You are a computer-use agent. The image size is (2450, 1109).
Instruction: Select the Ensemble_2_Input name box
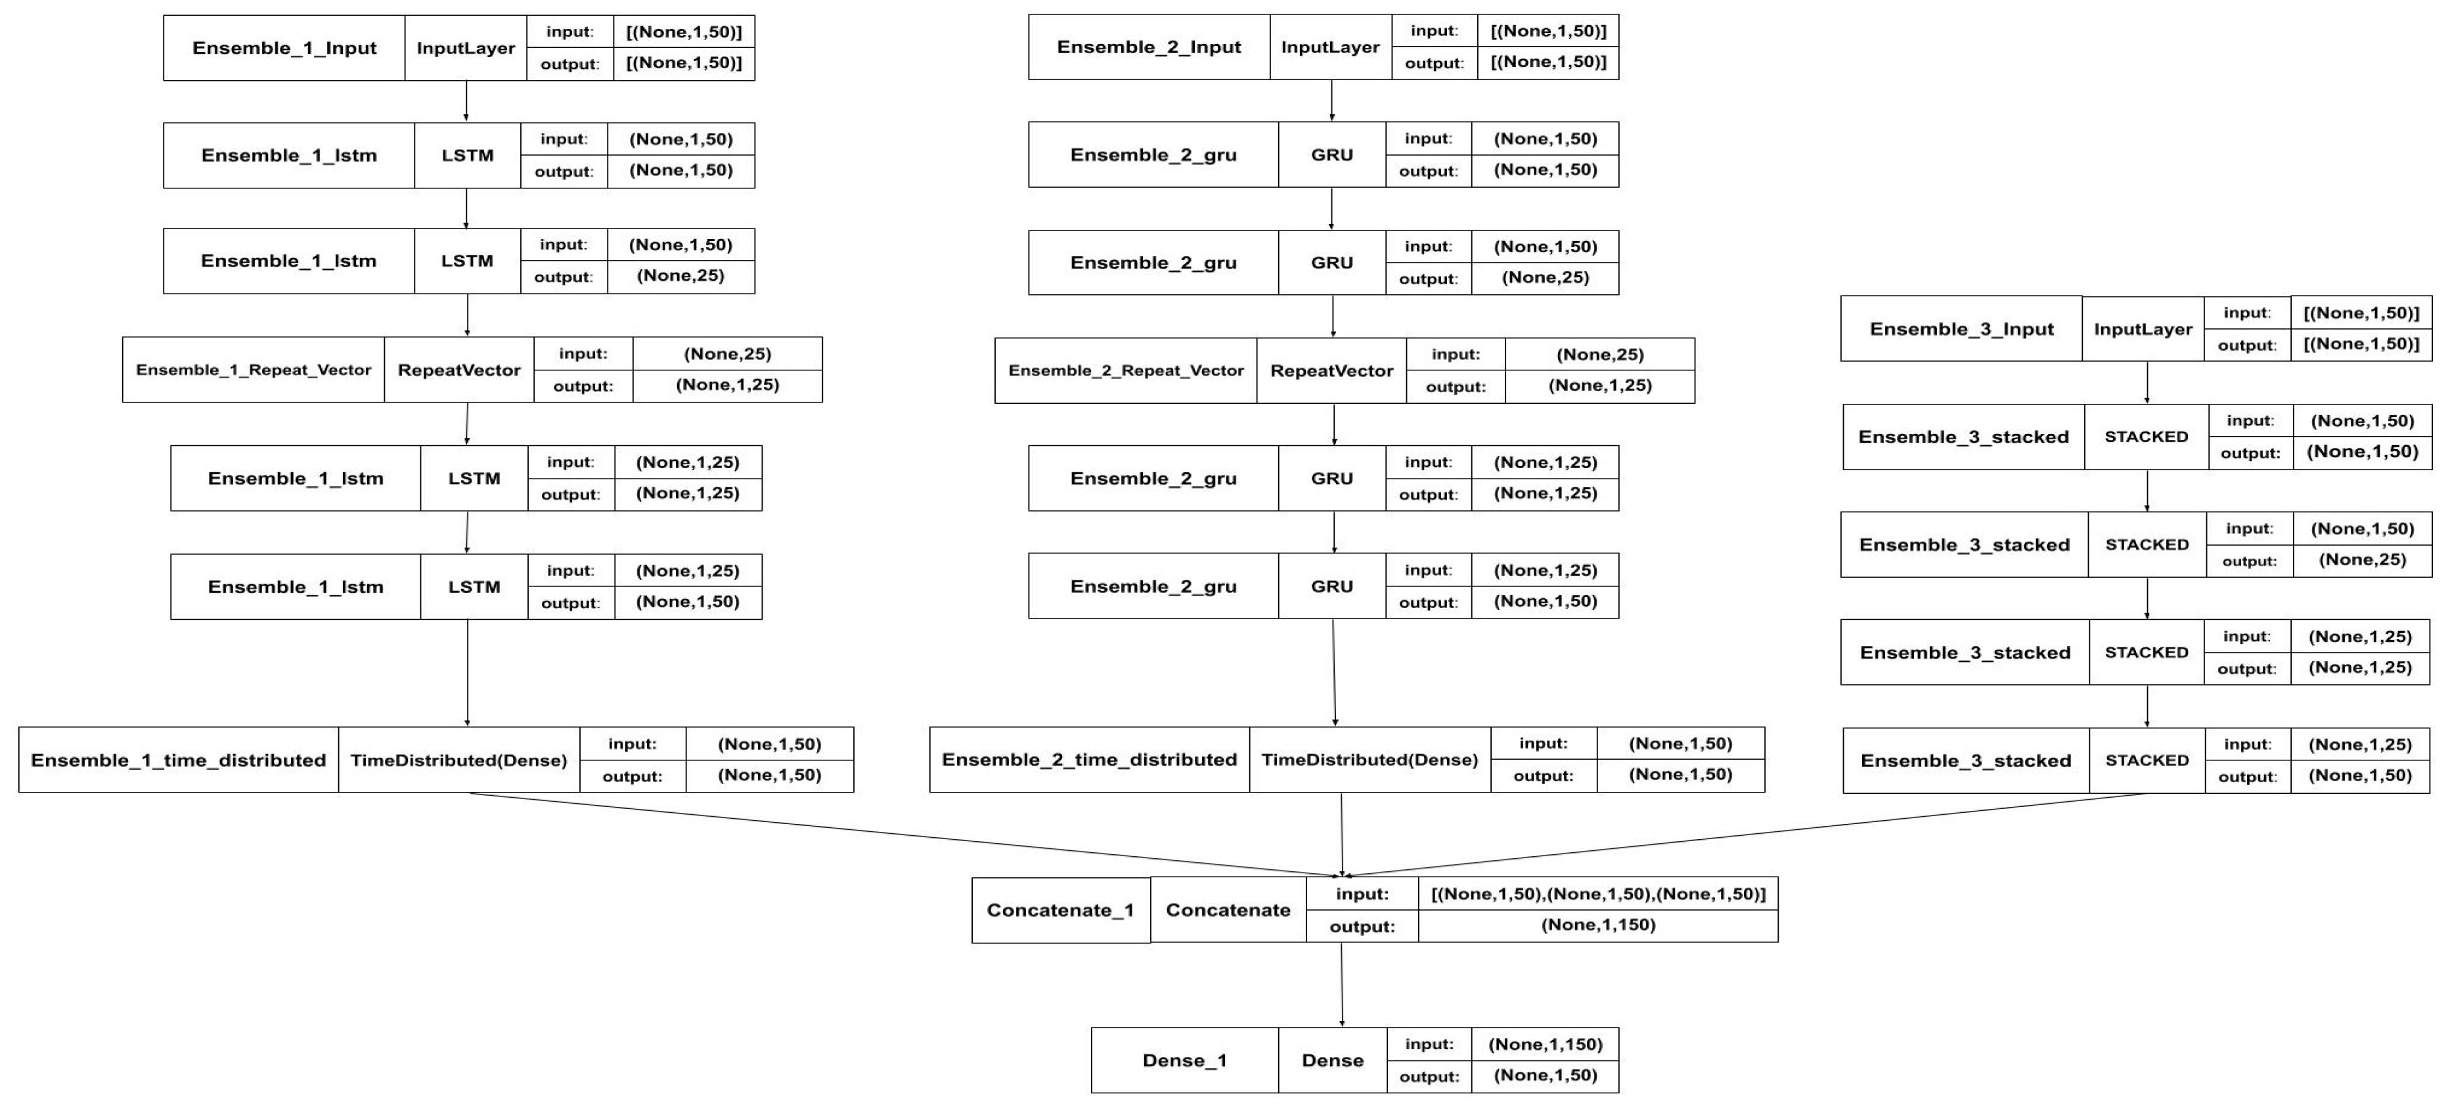tap(1148, 47)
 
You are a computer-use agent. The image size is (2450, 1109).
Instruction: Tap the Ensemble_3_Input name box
tap(1961, 329)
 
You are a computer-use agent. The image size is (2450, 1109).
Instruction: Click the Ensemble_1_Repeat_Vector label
tap(253, 370)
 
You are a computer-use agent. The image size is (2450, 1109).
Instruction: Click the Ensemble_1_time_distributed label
tap(178, 760)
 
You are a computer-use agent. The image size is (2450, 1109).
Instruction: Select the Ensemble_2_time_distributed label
tap(1089, 759)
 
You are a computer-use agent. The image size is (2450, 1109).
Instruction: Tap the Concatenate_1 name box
tap(1059, 910)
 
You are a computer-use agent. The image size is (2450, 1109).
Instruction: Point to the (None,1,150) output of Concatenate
tap(1598, 925)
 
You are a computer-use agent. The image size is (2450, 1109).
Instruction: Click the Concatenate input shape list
tap(1598, 894)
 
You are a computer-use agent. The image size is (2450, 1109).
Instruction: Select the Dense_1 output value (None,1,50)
tap(1545, 1076)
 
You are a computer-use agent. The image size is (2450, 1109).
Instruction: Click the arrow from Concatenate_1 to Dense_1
tap(1341, 984)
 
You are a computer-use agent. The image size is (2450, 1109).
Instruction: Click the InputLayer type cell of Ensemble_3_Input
tap(2143, 329)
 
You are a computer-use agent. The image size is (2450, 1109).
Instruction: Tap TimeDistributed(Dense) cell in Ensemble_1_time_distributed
tap(458, 760)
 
